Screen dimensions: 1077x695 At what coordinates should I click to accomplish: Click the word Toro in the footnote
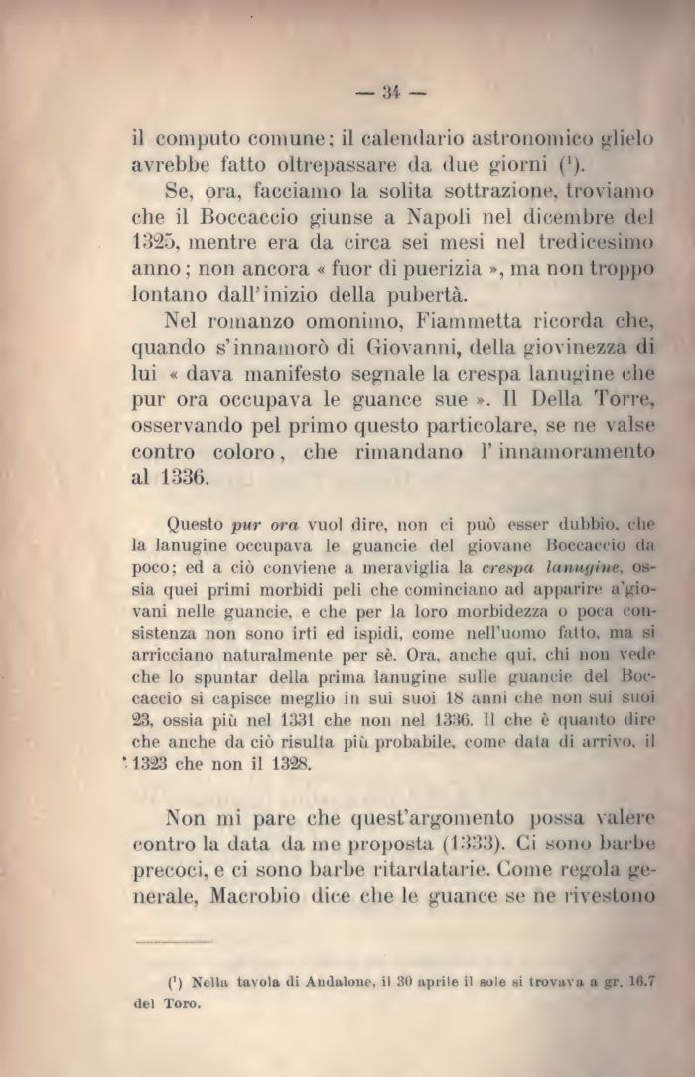[182, 1002]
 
